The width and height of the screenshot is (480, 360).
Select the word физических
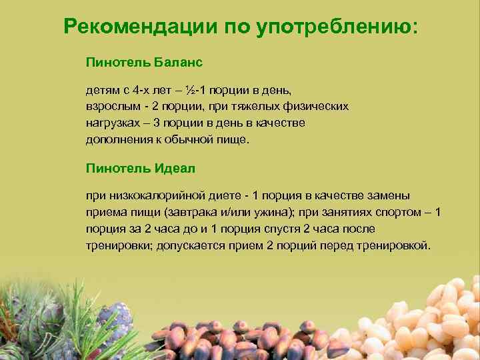pos(313,106)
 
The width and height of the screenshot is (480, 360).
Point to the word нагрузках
pos(113,123)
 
